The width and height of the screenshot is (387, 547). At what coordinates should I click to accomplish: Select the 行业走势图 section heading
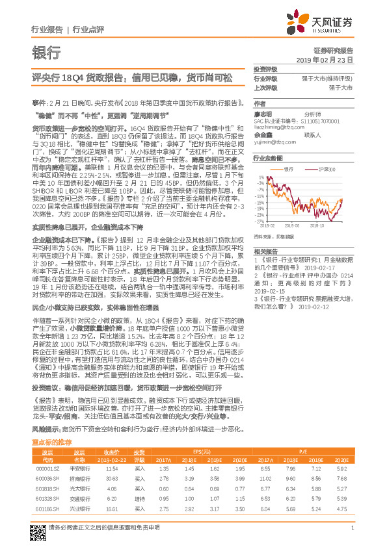267,158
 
